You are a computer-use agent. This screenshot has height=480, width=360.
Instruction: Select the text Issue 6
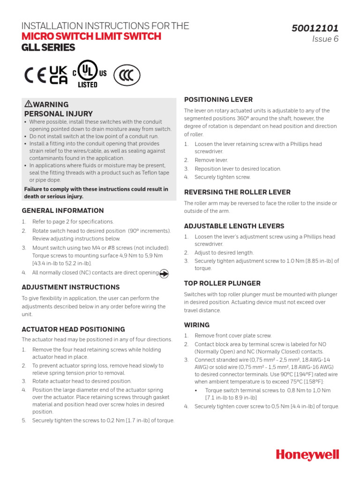[325, 39]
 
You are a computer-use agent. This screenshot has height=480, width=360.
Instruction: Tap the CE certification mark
[35, 75]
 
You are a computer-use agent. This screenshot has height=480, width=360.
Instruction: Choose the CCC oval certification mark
[127, 75]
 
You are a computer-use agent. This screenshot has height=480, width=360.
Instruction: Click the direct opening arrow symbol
[164, 273]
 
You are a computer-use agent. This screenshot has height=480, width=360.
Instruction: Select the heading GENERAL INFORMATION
[63, 211]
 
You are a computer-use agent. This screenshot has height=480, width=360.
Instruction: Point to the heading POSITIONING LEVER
[218, 100]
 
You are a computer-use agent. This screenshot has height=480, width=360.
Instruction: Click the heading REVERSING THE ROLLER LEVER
[237, 192]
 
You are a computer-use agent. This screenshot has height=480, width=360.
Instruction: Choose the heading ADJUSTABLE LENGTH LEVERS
[234, 226]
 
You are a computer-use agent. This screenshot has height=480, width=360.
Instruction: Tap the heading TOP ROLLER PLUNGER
[222, 284]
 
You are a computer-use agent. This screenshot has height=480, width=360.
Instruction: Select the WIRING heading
[197, 325]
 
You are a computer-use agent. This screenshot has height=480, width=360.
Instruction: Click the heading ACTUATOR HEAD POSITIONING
[73, 330]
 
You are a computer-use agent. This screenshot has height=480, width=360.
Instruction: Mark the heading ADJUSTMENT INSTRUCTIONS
[71, 287]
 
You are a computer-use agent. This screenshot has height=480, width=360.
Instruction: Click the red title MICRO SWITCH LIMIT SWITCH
[91, 37]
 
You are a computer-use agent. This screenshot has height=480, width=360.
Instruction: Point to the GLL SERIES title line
[48, 48]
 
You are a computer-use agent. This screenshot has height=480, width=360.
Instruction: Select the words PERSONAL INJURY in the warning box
[58, 114]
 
